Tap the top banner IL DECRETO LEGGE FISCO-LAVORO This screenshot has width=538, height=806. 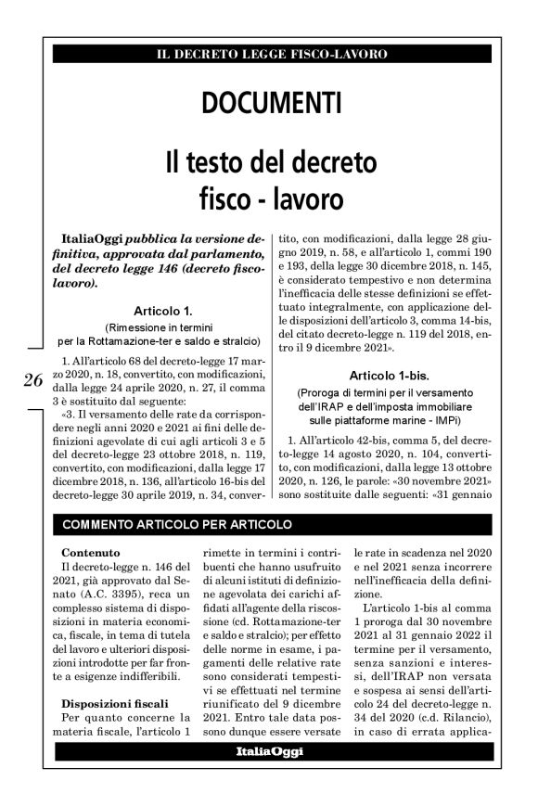(x=272, y=55)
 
